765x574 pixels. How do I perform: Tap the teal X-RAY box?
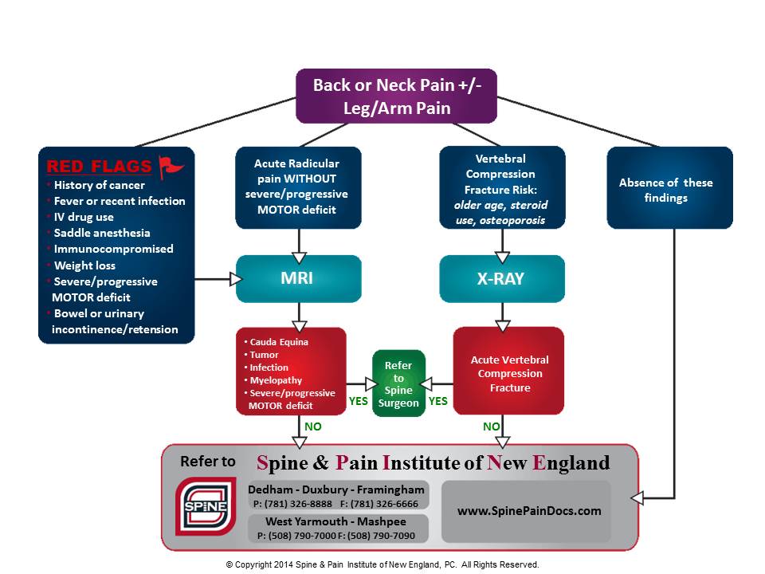502,279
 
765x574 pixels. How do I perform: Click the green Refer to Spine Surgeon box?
398,383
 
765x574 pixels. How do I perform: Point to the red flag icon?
171,166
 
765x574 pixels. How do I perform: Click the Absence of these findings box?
669,189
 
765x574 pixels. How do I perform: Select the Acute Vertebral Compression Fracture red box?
509,373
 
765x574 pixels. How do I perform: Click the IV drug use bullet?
84,217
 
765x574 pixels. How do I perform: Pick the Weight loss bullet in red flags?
84,265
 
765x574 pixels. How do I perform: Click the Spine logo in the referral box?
206,505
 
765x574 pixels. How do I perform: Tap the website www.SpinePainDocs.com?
529,511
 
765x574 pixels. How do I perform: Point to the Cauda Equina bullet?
280,342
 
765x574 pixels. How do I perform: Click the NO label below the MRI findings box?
312,427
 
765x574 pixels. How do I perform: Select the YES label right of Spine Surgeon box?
438,401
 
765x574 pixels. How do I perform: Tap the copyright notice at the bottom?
382,564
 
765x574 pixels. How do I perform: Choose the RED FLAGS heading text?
99,167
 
